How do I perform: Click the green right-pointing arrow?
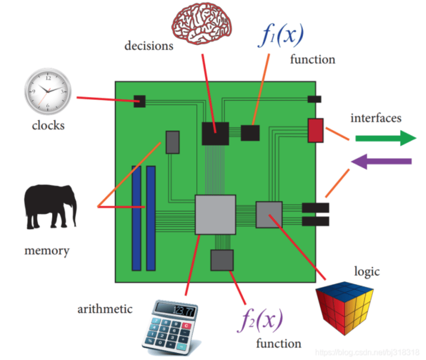point(385,138)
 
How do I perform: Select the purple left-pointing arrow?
point(381,161)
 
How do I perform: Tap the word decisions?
point(149,45)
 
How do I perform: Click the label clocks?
point(48,125)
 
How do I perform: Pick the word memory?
point(47,251)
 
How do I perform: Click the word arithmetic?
point(105,309)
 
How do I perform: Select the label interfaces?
point(376,118)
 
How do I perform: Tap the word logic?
point(367,271)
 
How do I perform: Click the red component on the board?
point(315,130)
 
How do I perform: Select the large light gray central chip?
point(215,214)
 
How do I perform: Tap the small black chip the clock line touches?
point(139,101)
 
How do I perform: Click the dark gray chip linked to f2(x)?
point(222,260)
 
